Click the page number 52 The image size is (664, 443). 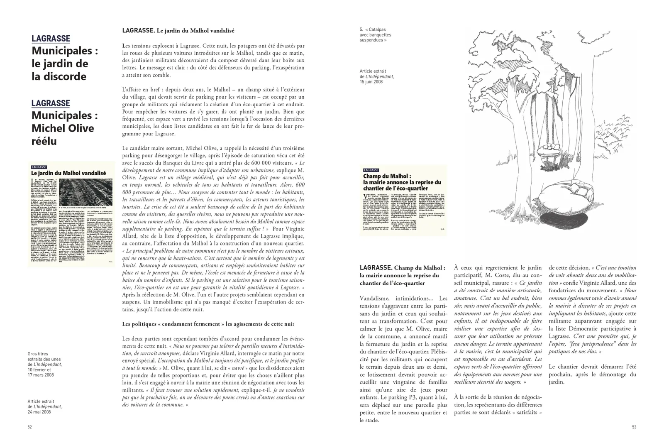(29, 427)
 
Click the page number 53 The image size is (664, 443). (634, 427)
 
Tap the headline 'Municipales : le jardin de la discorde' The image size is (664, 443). (64, 64)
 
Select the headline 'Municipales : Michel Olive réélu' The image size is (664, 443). (63, 128)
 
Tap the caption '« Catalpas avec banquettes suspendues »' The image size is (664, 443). (375, 35)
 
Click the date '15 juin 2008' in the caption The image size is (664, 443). (371, 82)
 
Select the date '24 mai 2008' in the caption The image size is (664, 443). (39, 412)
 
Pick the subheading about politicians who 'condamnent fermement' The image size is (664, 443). (214, 324)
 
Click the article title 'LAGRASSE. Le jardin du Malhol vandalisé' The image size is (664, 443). (178, 31)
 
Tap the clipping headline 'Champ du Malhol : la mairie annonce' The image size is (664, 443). (402, 182)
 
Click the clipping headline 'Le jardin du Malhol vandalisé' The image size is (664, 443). (68, 173)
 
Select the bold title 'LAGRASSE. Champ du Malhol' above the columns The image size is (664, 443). (402, 275)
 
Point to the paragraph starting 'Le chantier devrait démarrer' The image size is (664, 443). (592, 374)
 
